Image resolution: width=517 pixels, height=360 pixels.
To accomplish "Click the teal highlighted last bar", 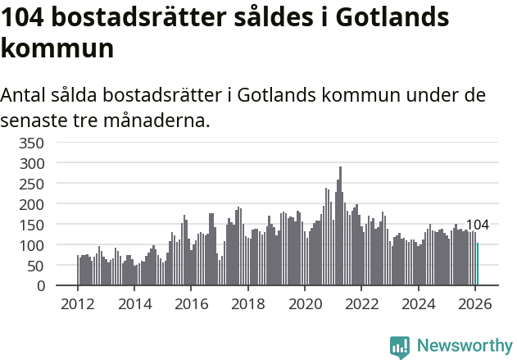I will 478,265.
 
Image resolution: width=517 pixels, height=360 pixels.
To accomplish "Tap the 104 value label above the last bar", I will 478,226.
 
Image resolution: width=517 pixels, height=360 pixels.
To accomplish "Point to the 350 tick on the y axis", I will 33,143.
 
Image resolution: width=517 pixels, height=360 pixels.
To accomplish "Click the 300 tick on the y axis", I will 33,163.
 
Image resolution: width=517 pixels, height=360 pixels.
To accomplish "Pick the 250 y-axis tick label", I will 33,184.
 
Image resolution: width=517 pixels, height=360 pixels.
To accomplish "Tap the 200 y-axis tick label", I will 33,204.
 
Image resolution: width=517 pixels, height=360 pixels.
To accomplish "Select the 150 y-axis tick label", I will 33,225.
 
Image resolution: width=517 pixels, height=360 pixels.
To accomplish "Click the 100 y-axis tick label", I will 33,245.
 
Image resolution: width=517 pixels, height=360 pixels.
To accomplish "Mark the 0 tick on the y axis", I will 40,286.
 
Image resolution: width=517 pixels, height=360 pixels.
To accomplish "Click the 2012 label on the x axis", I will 78,303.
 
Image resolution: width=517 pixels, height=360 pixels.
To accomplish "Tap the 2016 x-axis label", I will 191,303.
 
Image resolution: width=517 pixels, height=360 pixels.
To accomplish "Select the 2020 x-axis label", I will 305,303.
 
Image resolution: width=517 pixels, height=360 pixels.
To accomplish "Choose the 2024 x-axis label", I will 418,303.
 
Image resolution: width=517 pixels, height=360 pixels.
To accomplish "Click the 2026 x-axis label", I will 475,303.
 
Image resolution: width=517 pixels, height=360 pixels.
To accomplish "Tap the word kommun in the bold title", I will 57,48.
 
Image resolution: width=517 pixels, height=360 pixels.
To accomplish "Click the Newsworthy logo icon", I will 400,347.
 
